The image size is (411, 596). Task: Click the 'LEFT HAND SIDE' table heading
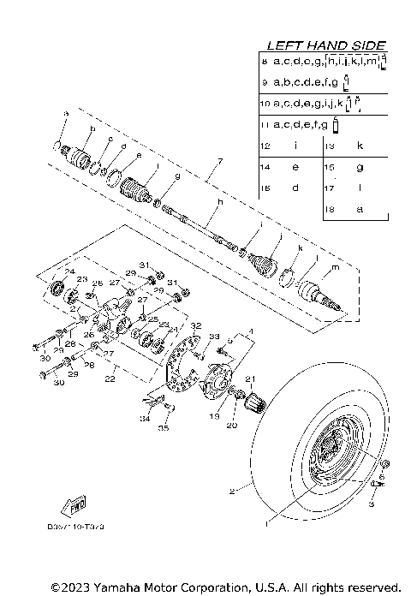pyautogui.click(x=326, y=45)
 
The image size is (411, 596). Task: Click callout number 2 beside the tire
pyautogui.click(x=230, y=492)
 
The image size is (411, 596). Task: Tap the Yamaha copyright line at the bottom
pyautogui.click(x=225, y=587)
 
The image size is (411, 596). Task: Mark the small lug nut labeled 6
pyautogui.click(x=384, y=466)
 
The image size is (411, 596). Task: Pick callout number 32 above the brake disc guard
pyautogui.click(x=196, y=326)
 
